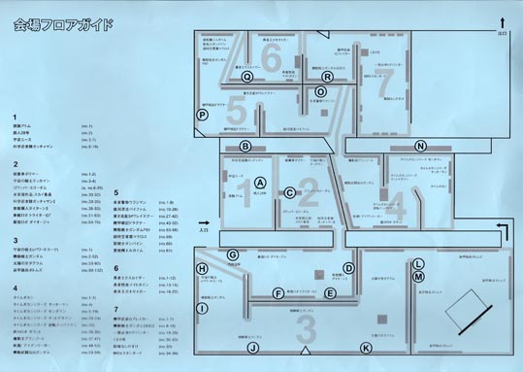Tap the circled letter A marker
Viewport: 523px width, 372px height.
(x=259, y=182)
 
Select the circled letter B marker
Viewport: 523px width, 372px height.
(x=246, y=147)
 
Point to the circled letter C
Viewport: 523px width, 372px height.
(x=289, y=192)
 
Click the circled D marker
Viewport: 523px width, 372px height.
(x=349, y=268)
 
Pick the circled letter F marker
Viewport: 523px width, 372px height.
(x=278, y=292)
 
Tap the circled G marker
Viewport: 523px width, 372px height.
(x=233, y=254)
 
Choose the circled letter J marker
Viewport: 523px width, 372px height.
(x=252, y=347)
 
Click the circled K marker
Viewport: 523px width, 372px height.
(x=366, y=347)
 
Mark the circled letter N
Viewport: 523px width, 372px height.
(x=420, y=146)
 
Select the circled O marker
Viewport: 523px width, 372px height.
(x=321, y=91)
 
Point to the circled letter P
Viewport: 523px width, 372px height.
(x=203, y=114)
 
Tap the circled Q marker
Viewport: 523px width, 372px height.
(x=247, y=76)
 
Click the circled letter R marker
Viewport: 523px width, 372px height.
(x=327, y=76)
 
